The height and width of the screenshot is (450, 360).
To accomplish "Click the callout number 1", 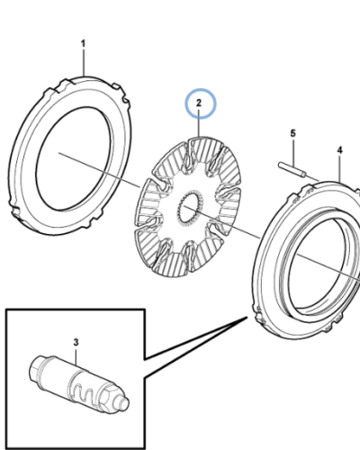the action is [83, 44].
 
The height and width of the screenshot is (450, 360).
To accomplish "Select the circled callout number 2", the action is [199, 103].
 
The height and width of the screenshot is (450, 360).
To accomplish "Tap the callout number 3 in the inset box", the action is [76, 342].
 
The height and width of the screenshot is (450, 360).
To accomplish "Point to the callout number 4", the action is [339, 150].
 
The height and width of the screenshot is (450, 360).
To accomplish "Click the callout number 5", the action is [293, 133].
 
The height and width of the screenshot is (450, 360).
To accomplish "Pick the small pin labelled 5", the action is [292, 170].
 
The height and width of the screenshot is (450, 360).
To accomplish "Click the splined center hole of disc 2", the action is [190, 209].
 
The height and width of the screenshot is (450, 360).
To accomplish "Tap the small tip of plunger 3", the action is [124, 404].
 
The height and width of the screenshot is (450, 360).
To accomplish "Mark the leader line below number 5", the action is [293, 153].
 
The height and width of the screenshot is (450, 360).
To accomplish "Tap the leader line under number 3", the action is [76, 355].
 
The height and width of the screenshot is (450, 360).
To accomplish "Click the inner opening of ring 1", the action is [75, 159].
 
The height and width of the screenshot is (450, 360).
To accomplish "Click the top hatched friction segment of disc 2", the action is [206, 151].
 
